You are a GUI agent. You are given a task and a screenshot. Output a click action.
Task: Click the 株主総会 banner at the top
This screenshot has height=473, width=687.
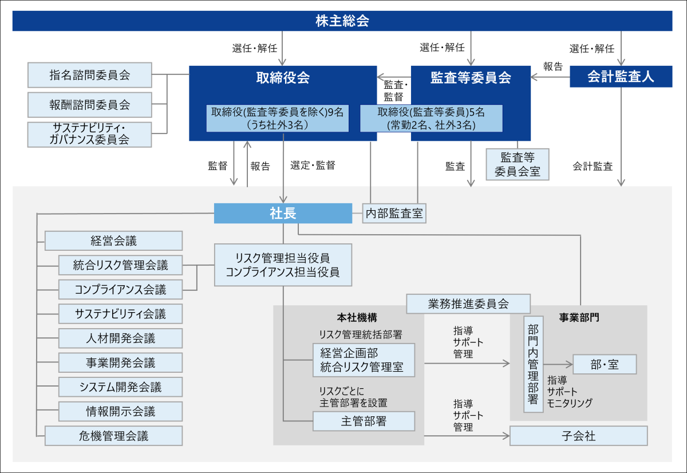point(342,22)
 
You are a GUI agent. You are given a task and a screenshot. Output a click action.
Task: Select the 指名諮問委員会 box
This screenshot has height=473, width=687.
point(90,75)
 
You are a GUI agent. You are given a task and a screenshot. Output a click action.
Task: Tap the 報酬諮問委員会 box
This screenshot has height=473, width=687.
point(90,105)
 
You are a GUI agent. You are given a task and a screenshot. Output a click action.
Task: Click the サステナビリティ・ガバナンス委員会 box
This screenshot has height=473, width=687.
point(90,134)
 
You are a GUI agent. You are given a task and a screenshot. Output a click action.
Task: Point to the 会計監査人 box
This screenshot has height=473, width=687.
point(621,77)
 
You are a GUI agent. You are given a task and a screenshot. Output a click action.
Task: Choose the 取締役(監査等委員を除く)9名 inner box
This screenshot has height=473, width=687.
point(277,118)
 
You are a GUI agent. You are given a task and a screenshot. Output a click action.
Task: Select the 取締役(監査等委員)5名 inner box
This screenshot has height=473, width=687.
point(431,118)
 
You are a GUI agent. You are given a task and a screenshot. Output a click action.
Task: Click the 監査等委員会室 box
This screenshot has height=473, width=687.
point(517,164)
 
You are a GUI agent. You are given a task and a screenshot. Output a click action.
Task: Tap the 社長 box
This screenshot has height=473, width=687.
point(283,213)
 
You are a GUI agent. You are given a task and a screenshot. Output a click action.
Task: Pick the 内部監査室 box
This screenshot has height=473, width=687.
point(394,214)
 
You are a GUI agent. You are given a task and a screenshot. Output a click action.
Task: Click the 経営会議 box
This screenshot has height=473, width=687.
point(113,241)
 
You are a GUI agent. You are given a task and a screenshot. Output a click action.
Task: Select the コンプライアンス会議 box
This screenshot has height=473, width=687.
point(120,289)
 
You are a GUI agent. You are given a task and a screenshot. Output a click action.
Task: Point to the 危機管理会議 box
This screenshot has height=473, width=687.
point(113,436)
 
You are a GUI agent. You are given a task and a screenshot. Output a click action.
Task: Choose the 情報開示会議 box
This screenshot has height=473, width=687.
point(120,411)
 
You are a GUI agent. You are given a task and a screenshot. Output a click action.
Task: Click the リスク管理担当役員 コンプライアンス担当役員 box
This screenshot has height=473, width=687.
point(283,265)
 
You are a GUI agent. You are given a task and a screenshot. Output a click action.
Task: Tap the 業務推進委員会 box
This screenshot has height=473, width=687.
point(468,303)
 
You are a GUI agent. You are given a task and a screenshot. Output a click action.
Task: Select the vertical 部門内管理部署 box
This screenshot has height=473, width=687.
point(533,364)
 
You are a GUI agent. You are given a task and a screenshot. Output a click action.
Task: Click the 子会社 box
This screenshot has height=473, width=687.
point(578,436)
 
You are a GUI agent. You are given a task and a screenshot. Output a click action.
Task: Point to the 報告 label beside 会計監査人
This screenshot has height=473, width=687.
point(552,66)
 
